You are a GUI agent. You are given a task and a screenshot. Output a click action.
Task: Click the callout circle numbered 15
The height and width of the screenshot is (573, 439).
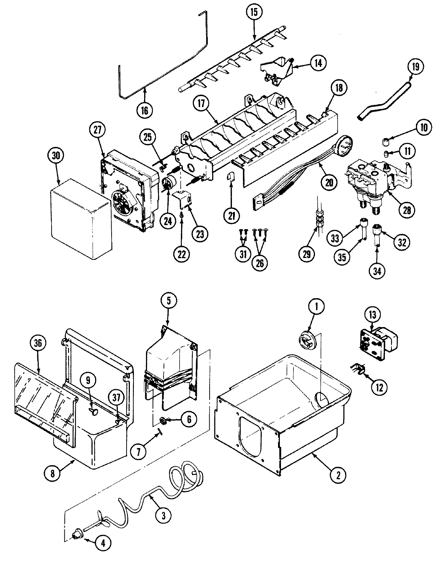(x=254, y=12)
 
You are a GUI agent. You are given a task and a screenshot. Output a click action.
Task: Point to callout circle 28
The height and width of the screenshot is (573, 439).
(x=407, y=210)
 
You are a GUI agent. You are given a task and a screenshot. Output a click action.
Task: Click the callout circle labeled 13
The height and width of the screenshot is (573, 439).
(x=372, y=314)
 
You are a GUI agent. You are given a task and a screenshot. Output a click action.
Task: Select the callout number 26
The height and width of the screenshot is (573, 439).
(x=259, y=263)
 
